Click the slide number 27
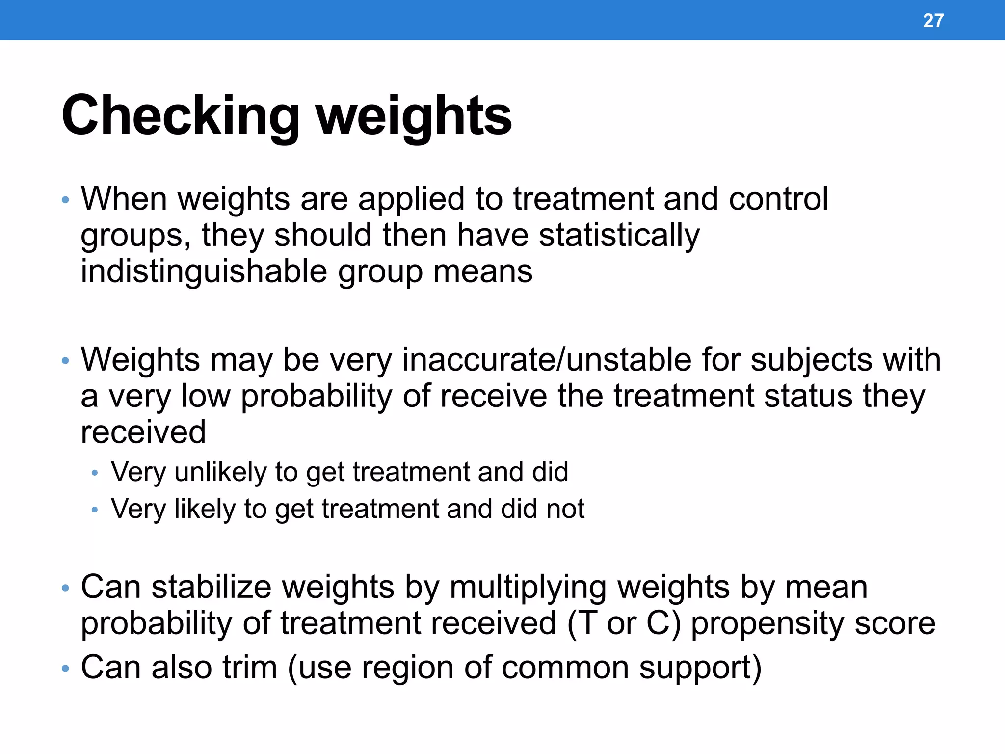[933, 21]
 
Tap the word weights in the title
[414, 116]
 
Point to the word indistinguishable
[204, 272]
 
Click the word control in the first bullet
[778, 199]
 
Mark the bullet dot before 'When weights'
[66, 201]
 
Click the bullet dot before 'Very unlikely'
[95, 474]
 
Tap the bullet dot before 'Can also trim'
[66, 669]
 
